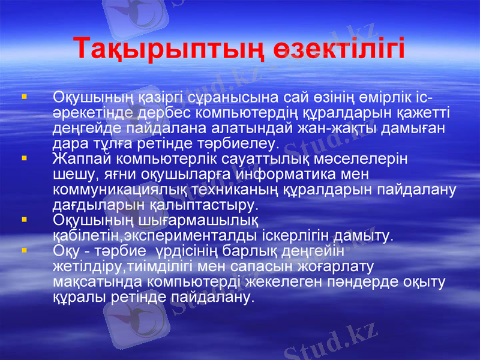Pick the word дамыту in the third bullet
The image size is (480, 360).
(366, 235)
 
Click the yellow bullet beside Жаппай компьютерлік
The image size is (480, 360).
(23, 159)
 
